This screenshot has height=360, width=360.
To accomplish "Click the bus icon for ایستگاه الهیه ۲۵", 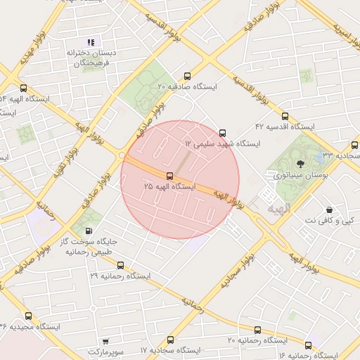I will [169, 176].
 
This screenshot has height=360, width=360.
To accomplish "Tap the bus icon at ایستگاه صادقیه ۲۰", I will [186, 76].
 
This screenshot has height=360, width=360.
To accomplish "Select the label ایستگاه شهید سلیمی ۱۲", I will [222, 143].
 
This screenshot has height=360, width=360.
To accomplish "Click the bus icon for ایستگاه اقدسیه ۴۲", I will [285, 116].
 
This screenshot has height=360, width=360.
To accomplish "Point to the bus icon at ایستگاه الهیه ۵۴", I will [24, 89].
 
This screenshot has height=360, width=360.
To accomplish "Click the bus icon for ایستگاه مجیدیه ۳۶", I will [28, 316].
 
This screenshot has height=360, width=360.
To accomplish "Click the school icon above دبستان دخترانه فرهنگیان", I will [90, 41].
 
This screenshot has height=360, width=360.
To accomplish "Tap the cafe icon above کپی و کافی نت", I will [329, 210].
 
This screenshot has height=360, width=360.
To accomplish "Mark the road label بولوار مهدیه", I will [33, 47].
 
